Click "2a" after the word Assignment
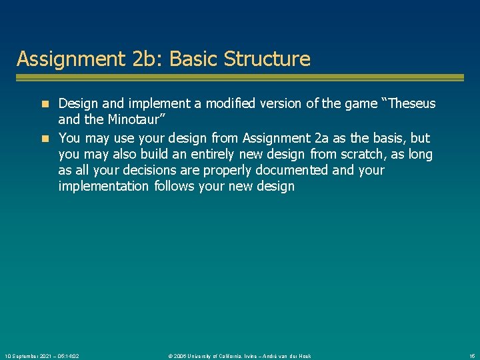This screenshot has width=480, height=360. (x=321, y=138)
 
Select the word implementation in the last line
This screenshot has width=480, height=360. (x=103, y=186)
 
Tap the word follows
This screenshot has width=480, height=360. (x=175, y=186)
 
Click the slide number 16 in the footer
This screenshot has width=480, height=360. (x=471, y=356)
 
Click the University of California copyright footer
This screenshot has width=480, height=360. (x=239, y=356)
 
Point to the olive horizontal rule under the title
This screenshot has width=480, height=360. (x=239, y=77)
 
